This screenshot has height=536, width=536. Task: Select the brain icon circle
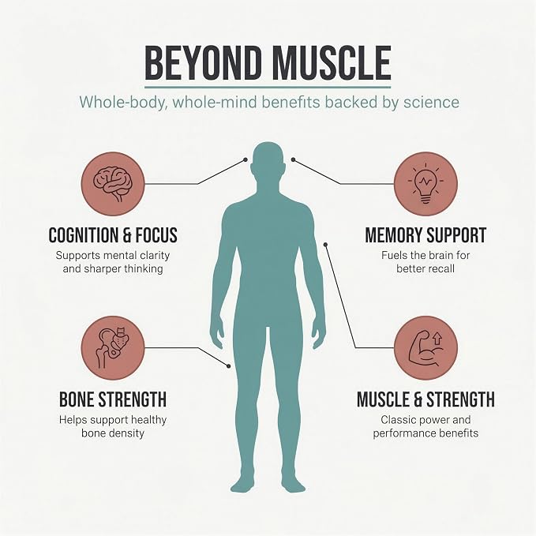(x=113, y=184)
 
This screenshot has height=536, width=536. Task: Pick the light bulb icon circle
(x=425, y=184)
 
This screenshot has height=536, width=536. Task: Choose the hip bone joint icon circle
(x=113, y=348)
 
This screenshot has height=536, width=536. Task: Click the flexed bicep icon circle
(x=425, y=348)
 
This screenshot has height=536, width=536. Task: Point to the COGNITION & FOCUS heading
(x=113, y=235)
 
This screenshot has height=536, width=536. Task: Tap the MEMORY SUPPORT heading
(x=425, y=235)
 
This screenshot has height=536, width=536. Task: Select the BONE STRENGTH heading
(x=113, y=399)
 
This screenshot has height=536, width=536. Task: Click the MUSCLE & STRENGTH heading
(x=425, y=399)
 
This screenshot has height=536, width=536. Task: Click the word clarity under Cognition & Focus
(x=155, y=256)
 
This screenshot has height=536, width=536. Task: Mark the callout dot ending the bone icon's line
(x=229, y=366)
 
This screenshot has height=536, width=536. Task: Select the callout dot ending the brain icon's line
(x=245, y=159)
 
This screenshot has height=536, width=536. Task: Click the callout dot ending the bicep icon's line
(x=326, y=245)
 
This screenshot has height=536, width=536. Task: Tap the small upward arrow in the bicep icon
(x=437, y=339)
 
